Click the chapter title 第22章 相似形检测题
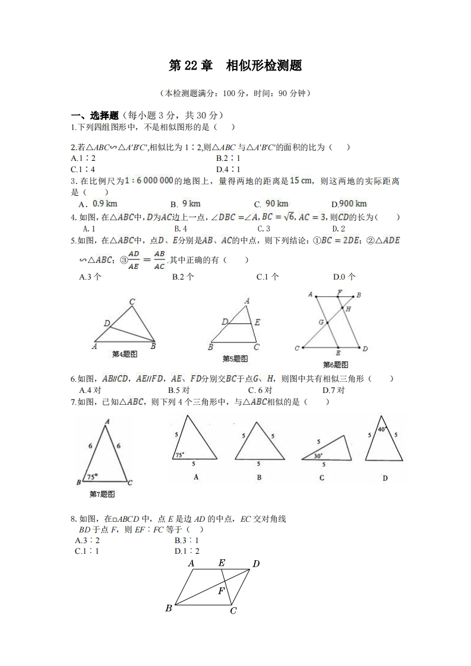click(x=235, y=66)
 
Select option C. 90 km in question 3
click(x=271, y=204)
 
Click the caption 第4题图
click(x=125, y=354)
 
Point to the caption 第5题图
click(x=235, y=359)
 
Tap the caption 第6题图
click(x=336, y=364)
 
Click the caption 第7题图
click(x=102, y=494)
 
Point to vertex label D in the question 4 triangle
click(x=106, y=324)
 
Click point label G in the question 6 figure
click(x=320, y=322)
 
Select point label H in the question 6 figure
click(x=348, y=309)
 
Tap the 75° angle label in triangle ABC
click(x=92, y=477)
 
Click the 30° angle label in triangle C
click(x=318, y=456)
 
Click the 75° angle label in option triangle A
click(x=179, y=455)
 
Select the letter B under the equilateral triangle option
click(x=259, y=478)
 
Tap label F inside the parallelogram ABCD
click(x=221, y=591)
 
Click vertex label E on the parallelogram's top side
click(x=222, y=563)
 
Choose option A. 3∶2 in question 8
click(x=87, y=540)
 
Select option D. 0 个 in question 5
click(x=344, y=276)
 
